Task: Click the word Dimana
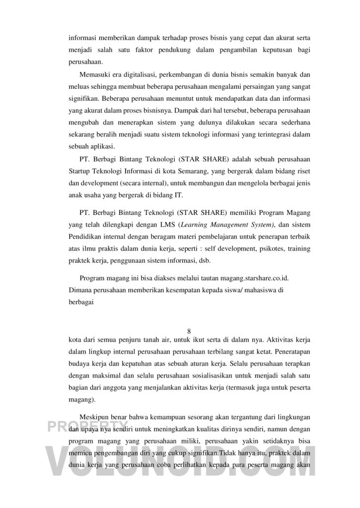pos(81,290)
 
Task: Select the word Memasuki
pos(94,75)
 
